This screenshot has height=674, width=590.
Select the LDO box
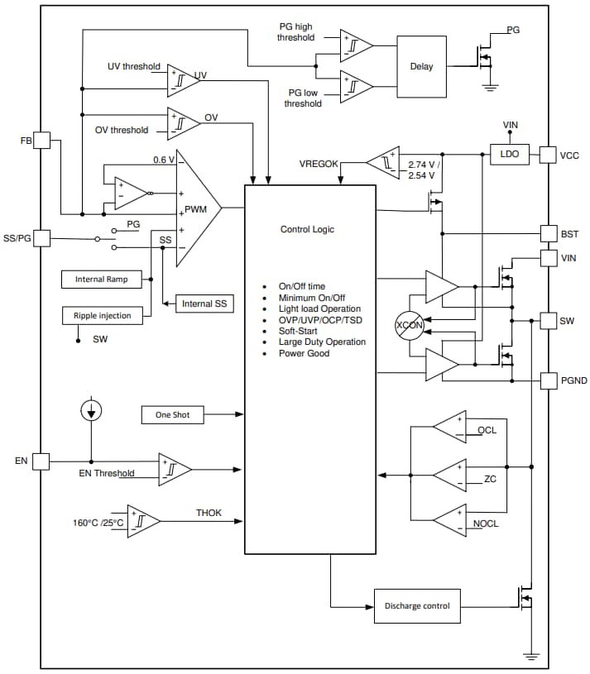coord(510,154)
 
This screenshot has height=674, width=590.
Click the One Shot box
coord(172,414)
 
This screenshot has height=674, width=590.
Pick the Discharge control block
coord(417,606)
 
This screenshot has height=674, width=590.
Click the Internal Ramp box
coord(101,280)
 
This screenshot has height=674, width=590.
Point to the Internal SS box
coord(203,304)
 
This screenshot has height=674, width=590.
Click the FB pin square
coord(41,141)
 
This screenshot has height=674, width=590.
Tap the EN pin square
coord(41,461)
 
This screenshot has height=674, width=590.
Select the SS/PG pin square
coord(41,239)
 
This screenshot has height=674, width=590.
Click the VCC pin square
coord(548,154)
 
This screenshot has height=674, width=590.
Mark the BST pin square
coord(548,233)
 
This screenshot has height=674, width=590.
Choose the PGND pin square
coord(548,380)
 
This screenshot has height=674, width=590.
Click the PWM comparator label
coord(196,209)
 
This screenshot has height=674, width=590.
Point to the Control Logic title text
coord(307,229)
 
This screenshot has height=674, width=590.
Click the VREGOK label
coord(319,164)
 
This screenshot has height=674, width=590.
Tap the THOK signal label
coord(209,513)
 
